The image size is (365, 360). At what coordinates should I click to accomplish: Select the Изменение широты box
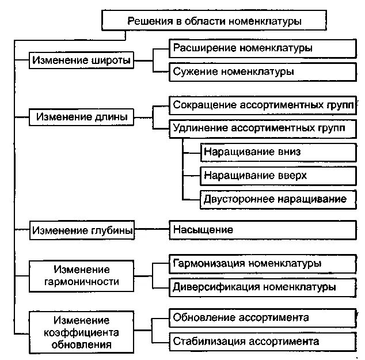[81, 60]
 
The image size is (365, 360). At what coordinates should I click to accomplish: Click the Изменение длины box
[81, 117]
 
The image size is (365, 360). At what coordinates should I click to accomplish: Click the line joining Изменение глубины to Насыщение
[151, 230]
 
